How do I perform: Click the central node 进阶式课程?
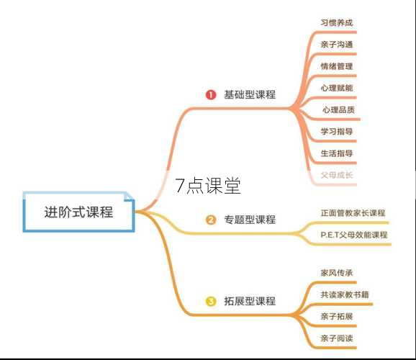pos(78,212)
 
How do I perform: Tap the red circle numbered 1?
pos(211,95)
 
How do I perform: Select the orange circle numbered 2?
pos(211,220)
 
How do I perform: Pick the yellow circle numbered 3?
pos(211,302)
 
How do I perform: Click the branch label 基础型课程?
pos(250,94)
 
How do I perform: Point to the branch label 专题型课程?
pos(250,220)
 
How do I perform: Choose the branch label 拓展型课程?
pos(250,301)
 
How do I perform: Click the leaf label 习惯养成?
pos(337,22)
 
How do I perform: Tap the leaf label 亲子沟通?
pos(337,45)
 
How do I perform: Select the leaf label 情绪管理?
pos(337,66)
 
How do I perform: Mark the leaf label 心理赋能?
pos(337,88)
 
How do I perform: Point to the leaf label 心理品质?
pos(338,109)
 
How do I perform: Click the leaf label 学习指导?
pos(337,132)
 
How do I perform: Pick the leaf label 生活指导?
pos(337,153)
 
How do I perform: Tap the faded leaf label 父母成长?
pos(337,175)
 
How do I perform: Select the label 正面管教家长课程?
pos(353,213)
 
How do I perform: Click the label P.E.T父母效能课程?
pos(354,235)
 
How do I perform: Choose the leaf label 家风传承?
pos(337,273)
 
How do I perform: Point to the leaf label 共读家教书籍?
pos(345,294)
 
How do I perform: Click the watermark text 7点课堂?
pos(208,186)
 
